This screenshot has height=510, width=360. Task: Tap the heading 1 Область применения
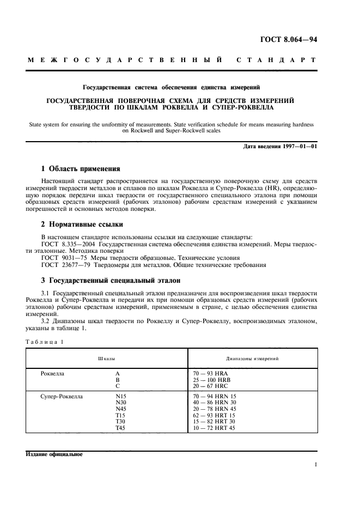click(81, 168)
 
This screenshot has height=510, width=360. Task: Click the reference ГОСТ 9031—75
click(61, 258)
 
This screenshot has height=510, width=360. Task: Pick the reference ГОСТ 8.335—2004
click(65, 244)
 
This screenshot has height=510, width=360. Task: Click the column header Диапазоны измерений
click(252, 360)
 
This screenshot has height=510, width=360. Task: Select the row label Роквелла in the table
click(53, 374)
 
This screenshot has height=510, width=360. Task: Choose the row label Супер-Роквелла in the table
click(62, 397)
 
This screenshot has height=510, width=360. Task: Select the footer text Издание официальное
click(54, 455)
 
